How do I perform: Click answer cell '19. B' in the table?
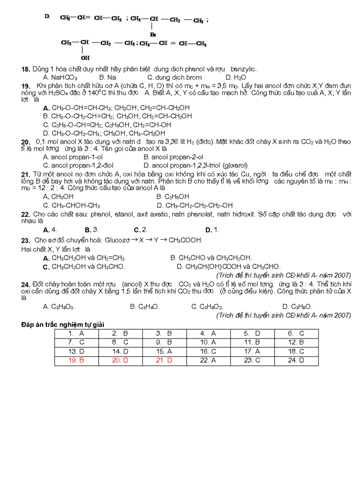click(x=76, y=360)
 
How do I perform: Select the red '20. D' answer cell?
click(x=120, y=360)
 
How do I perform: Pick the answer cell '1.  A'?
click(x=76, y=333)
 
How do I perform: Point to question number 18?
click(x=25, y=69)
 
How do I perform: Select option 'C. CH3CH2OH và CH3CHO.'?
click(x=84, y=267)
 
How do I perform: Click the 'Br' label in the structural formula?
click(x=153, y=34)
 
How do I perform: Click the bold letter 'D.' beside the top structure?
click(x=47, y=17)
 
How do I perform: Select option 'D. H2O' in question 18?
click(x=236, y=77)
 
